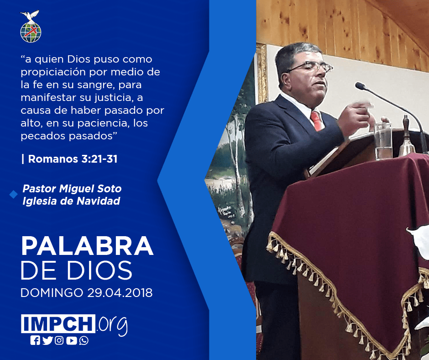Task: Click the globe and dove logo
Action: pyautogui.click(x=31, y=26)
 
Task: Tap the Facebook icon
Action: pyautogui.click(x=35, y=340)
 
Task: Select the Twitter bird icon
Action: pyautogui.click(x=47, y=340)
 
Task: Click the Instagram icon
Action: pyautogui.click(x=59, y=340)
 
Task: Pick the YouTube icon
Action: pyautogui.click(x=71, y=340)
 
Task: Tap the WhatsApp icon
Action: pyautogui.click(x=84, y=340)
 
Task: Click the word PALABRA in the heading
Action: pyautogui.click(x=87, y=246)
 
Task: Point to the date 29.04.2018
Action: pyautogui.click(x=120, y=293)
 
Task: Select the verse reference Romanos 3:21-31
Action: pyautogui.click(x=73, y=159)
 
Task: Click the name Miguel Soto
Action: pyautogui.click(x=90, y=189)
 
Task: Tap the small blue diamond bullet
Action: pyautogui.click(x=13, y=195)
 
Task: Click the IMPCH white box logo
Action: pyautogui.click(x=58, y=323)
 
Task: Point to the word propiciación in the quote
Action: pyautogui.click(x=54, y=72)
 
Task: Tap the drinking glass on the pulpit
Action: pyautogui.click(x=383, y=141)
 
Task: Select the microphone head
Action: pyautogui.click(x=361, y=86)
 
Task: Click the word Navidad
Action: pyautogui.click(x=98, y=201)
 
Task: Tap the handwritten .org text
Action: pyautogui.click(x=112, y=325)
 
